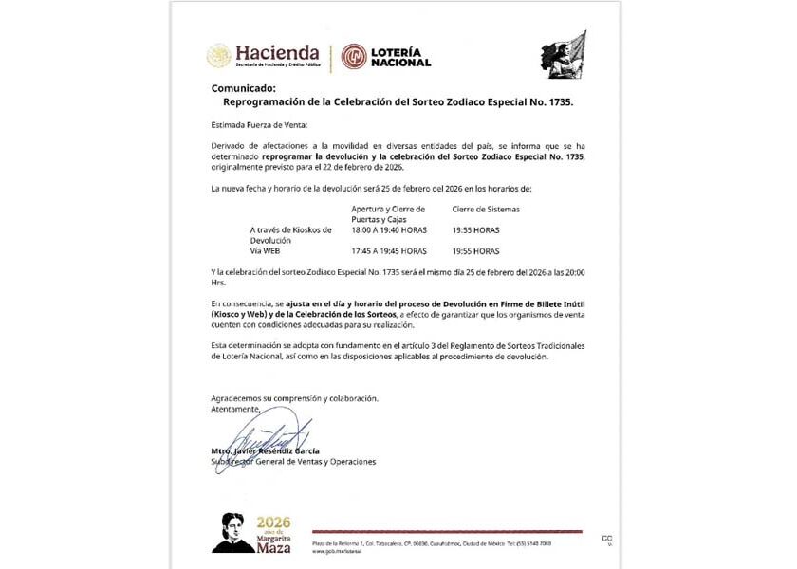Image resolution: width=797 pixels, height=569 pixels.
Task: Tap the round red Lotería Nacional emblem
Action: pyautogui.click(x=354, y=57)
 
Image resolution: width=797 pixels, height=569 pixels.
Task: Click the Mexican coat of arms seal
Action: pyautogui.click(x=219, y=56)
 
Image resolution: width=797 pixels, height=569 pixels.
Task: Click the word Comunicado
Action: pyautogui.click(x=244, y=87)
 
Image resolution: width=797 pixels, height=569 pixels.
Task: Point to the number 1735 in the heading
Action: pyautogui.click(x=559, y=101)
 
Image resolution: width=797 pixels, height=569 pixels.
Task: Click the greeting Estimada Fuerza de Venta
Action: pyautogui.click(x=259, y=125)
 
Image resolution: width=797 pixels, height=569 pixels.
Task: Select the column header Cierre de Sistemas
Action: pyautogui.click(x=487, y=209)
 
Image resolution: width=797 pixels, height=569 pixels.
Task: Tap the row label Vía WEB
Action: pyautogui.click(x=266, y=251)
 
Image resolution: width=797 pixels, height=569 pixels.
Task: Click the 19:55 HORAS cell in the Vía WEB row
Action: pyautogui.click(x=475, y=251)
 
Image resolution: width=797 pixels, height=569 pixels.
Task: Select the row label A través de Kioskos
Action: pyautogui.click(x=290, y=229)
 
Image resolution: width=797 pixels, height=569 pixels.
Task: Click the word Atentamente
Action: pyautogui.click(x=234, y=409)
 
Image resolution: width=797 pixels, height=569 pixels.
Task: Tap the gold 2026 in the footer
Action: pyautogui.click(x=273, y=523)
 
